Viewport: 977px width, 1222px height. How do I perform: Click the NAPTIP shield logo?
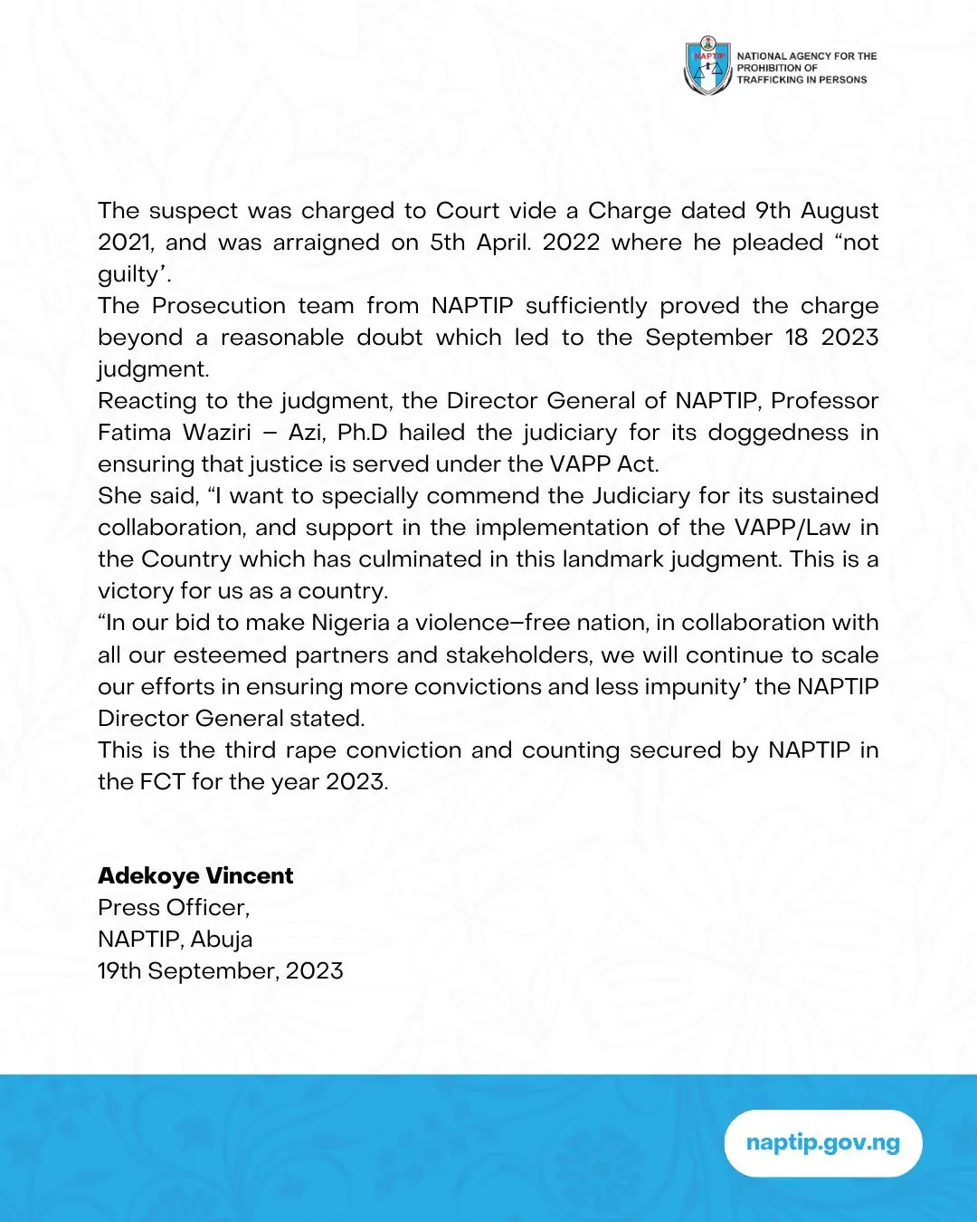point(707,66)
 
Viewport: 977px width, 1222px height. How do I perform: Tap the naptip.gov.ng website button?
point(823,1142)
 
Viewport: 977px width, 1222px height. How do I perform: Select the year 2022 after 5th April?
point(571,243)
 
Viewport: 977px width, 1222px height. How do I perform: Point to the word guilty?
point(128,274)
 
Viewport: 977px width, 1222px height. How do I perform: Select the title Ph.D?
point(362,433)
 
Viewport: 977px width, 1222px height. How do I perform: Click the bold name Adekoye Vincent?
point(195,876)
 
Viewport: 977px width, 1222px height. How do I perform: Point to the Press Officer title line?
point(173,908)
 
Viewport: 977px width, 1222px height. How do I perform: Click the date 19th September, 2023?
point(220,971)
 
